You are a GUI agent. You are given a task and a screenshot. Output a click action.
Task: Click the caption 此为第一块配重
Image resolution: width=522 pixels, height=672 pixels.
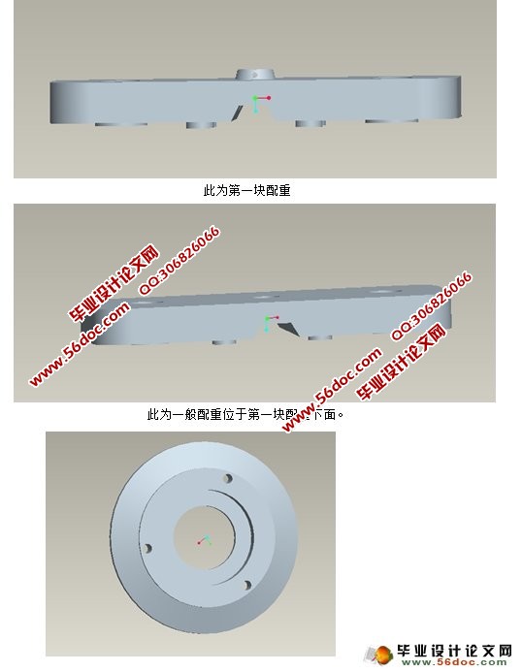[x=246, y=191]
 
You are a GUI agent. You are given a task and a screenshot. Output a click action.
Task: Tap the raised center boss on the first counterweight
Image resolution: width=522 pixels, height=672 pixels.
[x=253, y=75]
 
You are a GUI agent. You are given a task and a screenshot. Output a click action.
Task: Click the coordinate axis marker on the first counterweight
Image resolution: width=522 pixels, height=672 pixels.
[x=257, y=102]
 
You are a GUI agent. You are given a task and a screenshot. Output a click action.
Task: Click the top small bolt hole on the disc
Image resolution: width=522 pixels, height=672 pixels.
[x=228, y=478]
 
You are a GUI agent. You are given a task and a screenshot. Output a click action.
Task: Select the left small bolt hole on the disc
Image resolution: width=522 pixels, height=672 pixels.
[x=147, y=549]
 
